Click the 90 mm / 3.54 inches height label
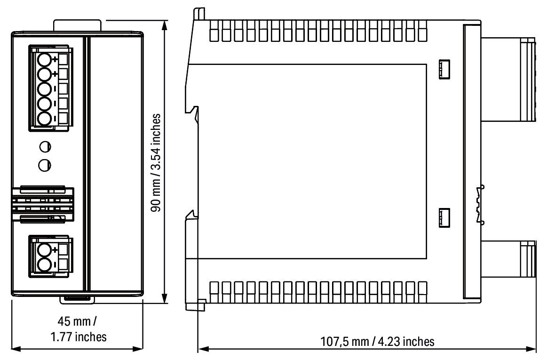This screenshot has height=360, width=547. (159, 162)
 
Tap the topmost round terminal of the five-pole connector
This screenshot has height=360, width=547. (45, 60)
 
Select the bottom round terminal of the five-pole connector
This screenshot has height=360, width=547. (45, 119)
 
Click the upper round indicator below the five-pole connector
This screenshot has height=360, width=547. (45, 147)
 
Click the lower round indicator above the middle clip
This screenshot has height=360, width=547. (45, 165)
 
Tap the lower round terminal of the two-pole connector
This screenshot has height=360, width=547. (45, 264)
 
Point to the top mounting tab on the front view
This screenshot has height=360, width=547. (77, 25)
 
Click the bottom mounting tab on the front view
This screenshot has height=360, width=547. (77, 298)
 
